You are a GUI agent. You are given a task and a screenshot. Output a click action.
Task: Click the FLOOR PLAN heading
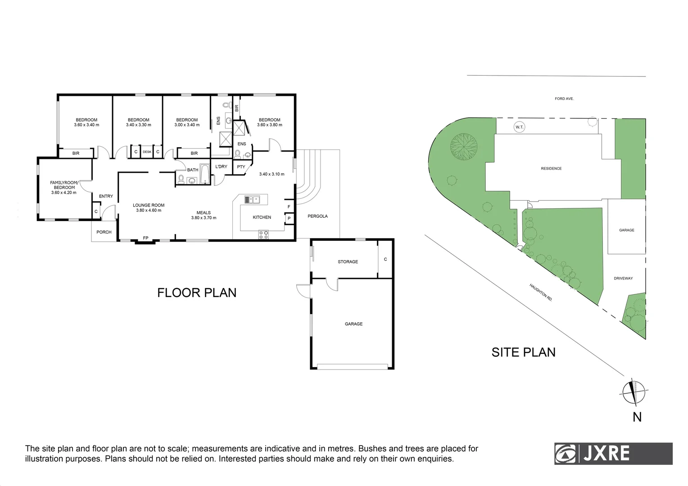pos(197,292)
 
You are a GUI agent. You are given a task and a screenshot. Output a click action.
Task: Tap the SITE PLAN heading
pos(523,352)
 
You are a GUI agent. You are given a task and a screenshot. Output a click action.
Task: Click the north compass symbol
pos(634,392)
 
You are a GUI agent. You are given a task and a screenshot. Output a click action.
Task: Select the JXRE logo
pos(613,453)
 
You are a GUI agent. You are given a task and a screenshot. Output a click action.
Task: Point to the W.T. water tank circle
pos(519,127)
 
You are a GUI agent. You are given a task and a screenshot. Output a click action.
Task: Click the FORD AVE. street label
pos(564,99)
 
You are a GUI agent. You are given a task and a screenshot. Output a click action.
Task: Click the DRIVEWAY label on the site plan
pos(623,279)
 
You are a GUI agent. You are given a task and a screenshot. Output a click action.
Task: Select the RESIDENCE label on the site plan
pos(551,169)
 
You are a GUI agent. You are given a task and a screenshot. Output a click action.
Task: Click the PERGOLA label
pos(317,216)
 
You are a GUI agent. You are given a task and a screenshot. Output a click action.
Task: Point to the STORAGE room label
pos(348,262)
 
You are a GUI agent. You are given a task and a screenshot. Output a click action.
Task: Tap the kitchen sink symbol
pos(252,199)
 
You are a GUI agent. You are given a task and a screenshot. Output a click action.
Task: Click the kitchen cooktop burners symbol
pos(263,234)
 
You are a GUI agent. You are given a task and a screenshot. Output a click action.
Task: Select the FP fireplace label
pos(145,238)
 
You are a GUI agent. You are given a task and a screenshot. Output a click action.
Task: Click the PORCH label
pos(104,232)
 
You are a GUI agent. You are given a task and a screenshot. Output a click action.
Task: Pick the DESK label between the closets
pos(147,152)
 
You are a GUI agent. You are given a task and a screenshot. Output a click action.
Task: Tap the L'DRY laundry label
pos(221,167)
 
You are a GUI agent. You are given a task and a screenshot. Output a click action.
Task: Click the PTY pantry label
pos(241,167)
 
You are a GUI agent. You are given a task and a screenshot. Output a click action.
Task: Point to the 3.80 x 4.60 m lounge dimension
pos(149,211)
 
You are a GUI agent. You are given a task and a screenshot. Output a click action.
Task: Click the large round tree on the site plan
pos(463,146)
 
